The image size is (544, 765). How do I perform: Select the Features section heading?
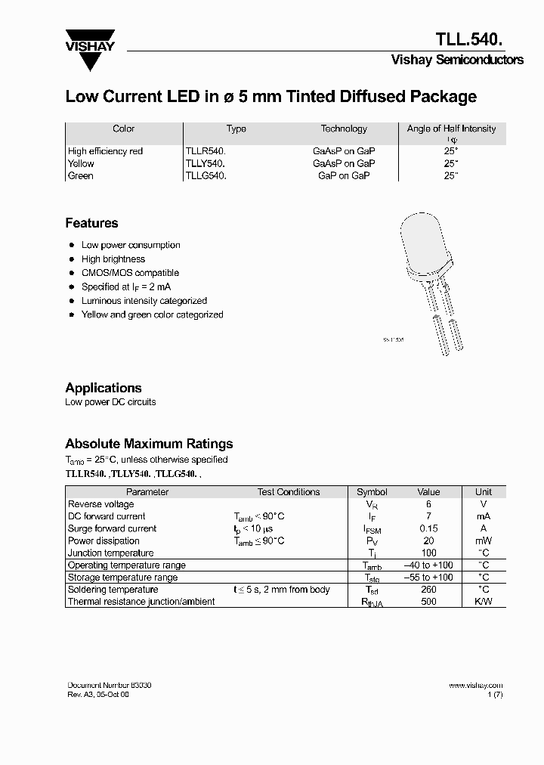tap(91, 223)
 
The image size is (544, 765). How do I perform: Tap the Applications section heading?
tap(104, 388)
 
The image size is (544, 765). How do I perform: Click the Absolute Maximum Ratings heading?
tap(149, 444)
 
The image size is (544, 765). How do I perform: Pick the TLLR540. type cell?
tap(206, 151)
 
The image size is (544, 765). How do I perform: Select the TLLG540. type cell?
tap(206, 175)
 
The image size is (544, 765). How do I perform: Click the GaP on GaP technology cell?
tap(344, 175)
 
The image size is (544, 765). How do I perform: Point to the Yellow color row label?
tap(81, 163)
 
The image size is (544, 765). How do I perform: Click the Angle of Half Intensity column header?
tap(451, 129)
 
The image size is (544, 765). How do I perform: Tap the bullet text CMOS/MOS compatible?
tap(130, 273)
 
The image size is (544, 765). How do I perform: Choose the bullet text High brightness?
tap(113, 259)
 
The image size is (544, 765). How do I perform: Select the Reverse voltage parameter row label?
tap(101, 504)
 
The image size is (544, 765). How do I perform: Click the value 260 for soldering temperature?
tap(428, 590)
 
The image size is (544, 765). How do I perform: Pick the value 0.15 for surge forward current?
tap(428, 528)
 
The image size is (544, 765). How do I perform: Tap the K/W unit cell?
tap(484, 602)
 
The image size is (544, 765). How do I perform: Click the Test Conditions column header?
tap(288, 492)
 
